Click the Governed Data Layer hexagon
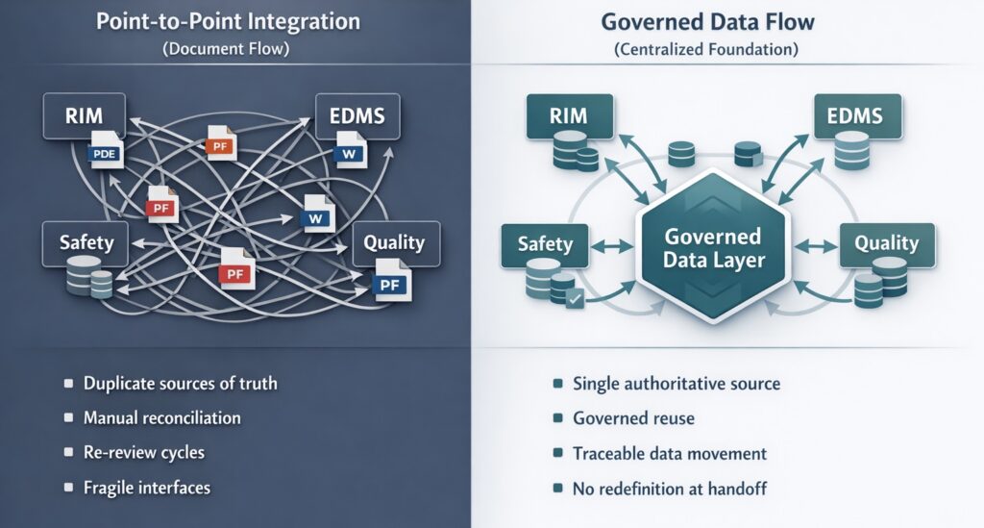point(712,248)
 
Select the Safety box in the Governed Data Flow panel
point(544,244)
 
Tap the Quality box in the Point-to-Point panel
point(394,243)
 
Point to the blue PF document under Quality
point(390,283)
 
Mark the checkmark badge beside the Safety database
point(573,300)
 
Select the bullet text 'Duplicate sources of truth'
point(180,384)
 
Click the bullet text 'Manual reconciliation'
point(161,418)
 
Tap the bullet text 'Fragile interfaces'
point(146,488)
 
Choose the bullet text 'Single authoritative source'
point(676,384)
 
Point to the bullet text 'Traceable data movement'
point(669,453)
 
